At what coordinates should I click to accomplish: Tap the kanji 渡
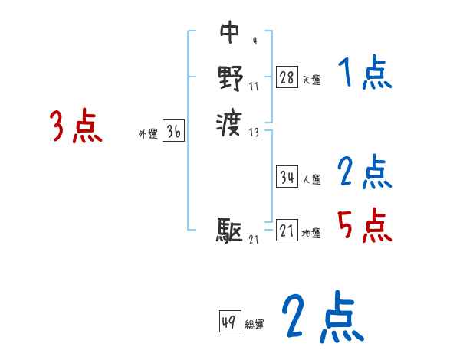[x=230, y=120]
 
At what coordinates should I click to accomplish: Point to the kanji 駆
[x=230, y=229]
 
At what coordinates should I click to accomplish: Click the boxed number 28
[x=287, y=77]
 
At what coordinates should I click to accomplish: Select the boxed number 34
[x=287, y=177]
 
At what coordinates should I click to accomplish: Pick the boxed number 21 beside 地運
[x=287, y=231]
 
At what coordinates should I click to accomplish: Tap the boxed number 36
[x=173, y=132]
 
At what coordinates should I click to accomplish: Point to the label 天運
[x=311, y=80]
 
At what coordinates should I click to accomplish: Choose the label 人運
[x=311, y=180]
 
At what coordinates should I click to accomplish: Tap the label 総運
[x=255, y=325]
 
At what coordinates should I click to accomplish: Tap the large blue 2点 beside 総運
[x=322, y=317]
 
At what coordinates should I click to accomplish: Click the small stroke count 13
[x=255, y=133]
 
